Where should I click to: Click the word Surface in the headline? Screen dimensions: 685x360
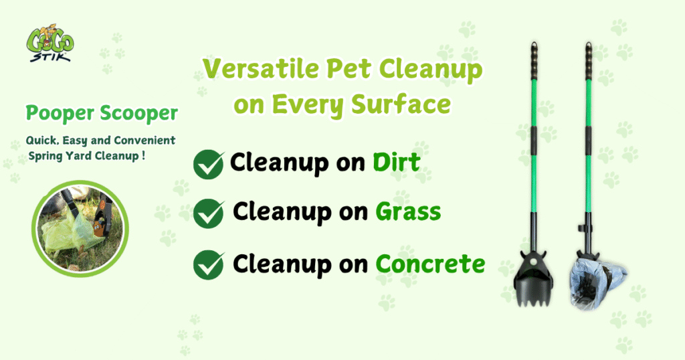(x=401, y=104)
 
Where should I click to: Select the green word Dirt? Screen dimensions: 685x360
(x=396, y=162)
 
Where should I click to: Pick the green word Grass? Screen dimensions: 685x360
(x=408, y=211)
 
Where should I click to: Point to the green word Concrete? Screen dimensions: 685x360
(x=430, y=264)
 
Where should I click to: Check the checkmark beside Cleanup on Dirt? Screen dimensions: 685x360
(x=209, y=164)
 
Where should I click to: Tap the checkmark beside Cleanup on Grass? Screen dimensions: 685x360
(x=209, y=213)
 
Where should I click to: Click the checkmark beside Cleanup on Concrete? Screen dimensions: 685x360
(x=209, y=265)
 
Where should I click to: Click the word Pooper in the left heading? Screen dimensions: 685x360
(x=60, y=113)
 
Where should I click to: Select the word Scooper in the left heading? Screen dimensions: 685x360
(x=139, y=113)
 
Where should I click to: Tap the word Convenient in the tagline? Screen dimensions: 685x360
(x=144, y=141)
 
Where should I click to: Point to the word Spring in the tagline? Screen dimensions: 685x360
(x=45, y=156)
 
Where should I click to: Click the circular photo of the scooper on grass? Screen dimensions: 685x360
(x=80, y=229)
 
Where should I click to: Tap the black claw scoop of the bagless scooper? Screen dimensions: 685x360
(x=533, y=280)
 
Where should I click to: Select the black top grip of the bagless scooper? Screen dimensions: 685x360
(x=534, y=61)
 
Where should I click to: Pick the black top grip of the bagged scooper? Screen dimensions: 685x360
(x=589, y=61)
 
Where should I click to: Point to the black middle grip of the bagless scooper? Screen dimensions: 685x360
(x=534, y=139)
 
